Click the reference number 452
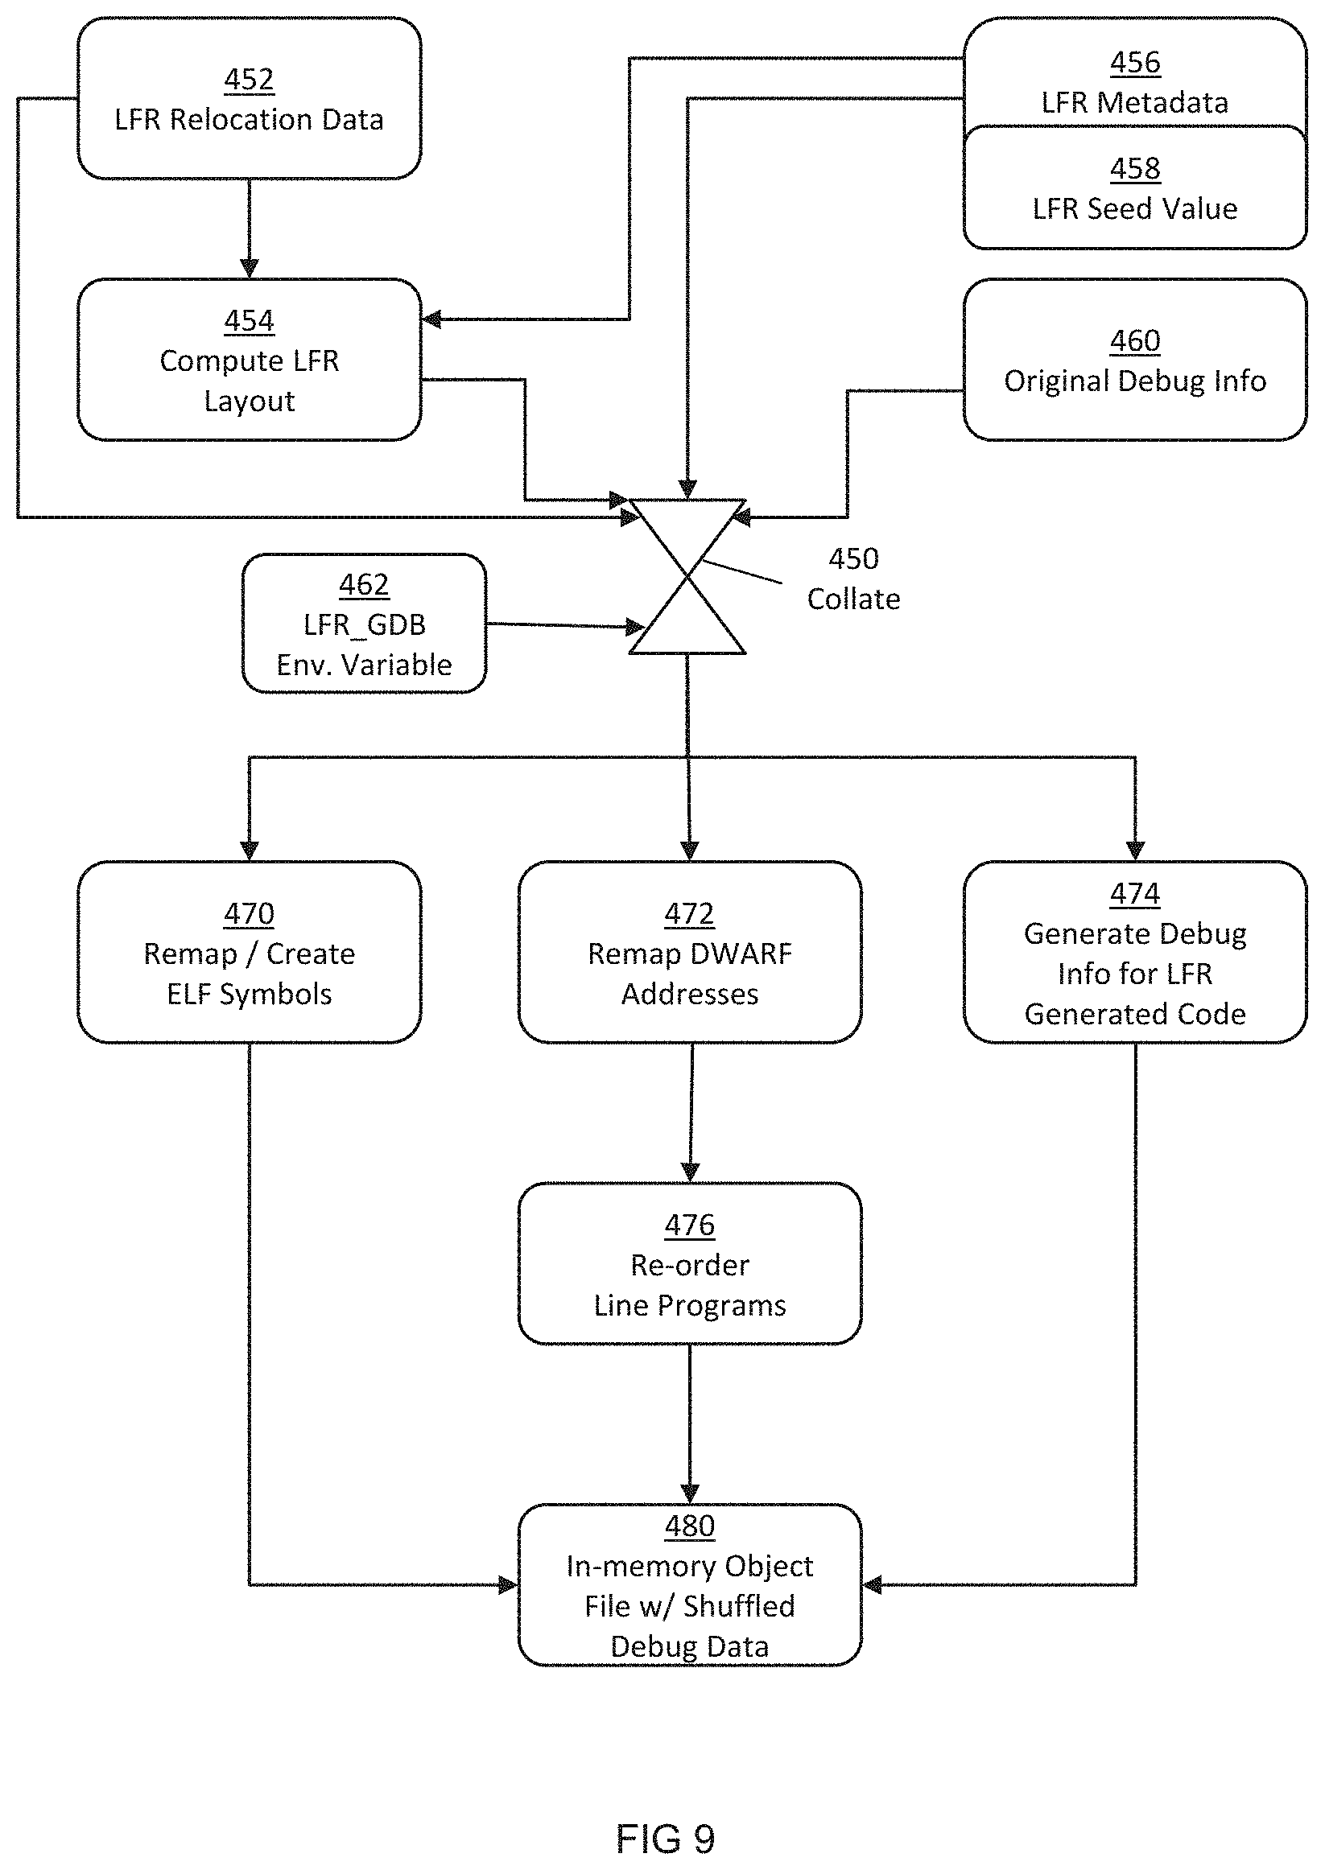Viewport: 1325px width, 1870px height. click(x=249, y=80)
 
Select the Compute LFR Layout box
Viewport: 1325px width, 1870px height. click(x=249, y=360)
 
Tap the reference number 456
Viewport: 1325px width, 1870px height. click(x=1135, y=63)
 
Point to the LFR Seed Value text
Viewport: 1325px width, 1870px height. click(x=1135, y=208)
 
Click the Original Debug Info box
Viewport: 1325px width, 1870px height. click(x=1135, y=360)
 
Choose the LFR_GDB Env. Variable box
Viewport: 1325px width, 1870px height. click(x=364, y=624)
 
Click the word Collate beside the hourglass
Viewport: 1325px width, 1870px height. click(x=853, y=599)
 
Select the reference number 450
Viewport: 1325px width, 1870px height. click(x=853, y=558)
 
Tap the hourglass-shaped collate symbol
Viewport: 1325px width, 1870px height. click(x=687, y=577)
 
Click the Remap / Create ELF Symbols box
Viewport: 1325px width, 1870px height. click(x=249, y=952)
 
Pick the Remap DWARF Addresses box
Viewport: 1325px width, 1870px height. click(x=689, y=952)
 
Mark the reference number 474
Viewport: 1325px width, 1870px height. click(x=1135, y=894)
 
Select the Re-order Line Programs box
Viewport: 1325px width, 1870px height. click(x=689, y=1263)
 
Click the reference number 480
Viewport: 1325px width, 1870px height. click(x=689, y=1526)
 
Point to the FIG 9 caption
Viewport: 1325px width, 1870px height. click(x=665, y=1839)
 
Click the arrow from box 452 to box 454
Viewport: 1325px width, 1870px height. click(x=249, y=229)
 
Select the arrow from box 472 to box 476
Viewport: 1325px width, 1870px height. click(x=691, y=1112)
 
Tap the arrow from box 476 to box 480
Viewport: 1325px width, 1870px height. click(x=689, y=1423)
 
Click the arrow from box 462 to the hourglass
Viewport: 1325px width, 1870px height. click(x=563, y=625)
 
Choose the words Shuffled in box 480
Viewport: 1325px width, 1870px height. click(x=738, y=1606)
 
